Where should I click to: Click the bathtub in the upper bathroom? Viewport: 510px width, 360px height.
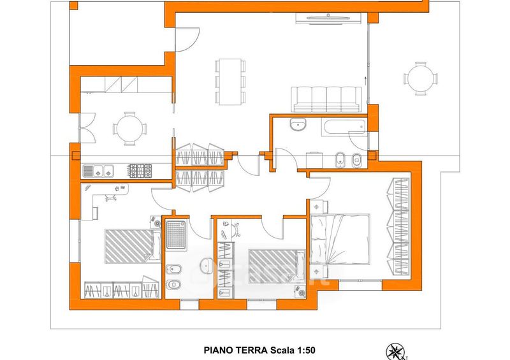344,127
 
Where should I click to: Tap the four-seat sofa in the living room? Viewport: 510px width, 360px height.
326,99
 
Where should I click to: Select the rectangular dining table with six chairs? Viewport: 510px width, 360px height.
230,82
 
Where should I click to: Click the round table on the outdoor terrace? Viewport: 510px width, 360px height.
421,78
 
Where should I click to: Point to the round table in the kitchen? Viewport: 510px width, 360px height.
130,129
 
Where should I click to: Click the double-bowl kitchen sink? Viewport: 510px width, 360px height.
98,171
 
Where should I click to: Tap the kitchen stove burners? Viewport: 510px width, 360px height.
140,171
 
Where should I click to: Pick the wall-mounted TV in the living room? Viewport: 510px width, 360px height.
328,18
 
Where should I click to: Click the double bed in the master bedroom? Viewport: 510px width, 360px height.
340,239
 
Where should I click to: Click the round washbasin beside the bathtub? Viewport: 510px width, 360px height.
298,124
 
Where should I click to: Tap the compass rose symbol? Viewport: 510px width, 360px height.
396,352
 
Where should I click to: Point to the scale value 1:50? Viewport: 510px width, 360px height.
305,350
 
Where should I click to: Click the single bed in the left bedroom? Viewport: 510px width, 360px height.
133,246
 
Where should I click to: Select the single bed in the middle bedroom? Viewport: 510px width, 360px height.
277,266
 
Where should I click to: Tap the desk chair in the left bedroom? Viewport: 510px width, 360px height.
110,197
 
